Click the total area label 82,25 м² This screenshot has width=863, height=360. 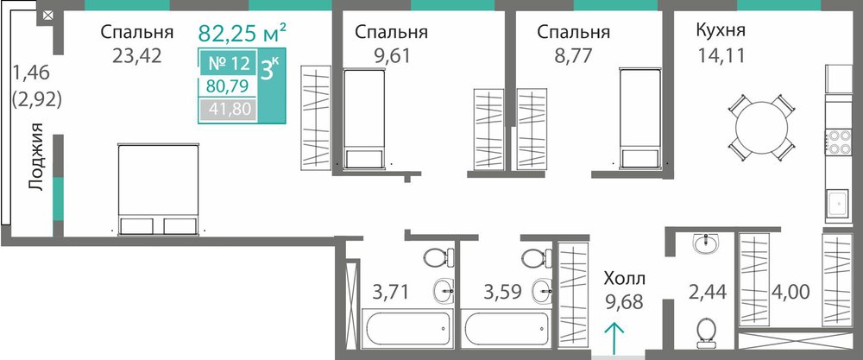point(242,33)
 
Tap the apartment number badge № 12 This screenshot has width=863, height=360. point(229,64)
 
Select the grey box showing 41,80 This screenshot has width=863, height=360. point(227,110)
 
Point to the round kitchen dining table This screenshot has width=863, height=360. point(762,128)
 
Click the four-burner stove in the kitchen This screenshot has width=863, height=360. point(836,142)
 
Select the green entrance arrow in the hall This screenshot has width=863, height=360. point(614,337)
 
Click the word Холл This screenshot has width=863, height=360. point(625,277)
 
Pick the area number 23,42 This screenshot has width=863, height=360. point(137,55)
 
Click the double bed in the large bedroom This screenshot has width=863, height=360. point(159,190)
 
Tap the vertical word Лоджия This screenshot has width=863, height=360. point(36,157)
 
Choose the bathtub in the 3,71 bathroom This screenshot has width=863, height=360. point(407,327)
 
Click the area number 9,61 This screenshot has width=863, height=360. point(391,55)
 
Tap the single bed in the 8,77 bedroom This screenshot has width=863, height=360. point(639,118)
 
